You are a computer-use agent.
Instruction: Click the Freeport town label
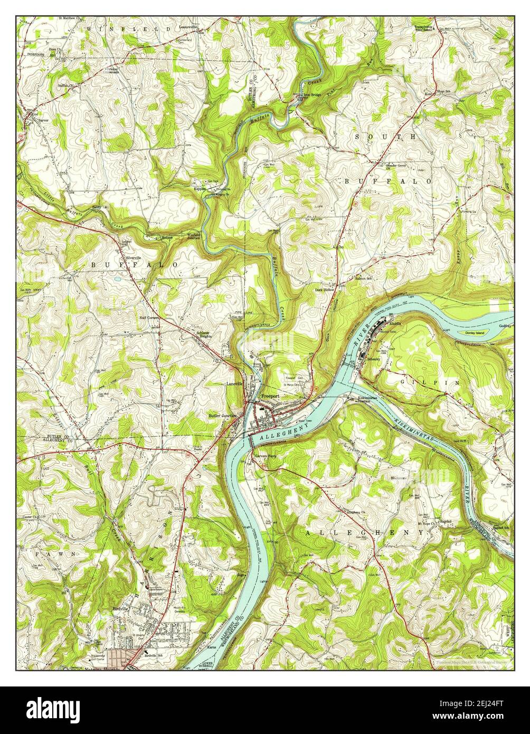pyautogui.click(x=270, y=394)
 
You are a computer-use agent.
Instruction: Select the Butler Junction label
pyautogui.click(x=222, y=416)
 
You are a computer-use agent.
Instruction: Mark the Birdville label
pyautogui.click(x=122, y=608)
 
